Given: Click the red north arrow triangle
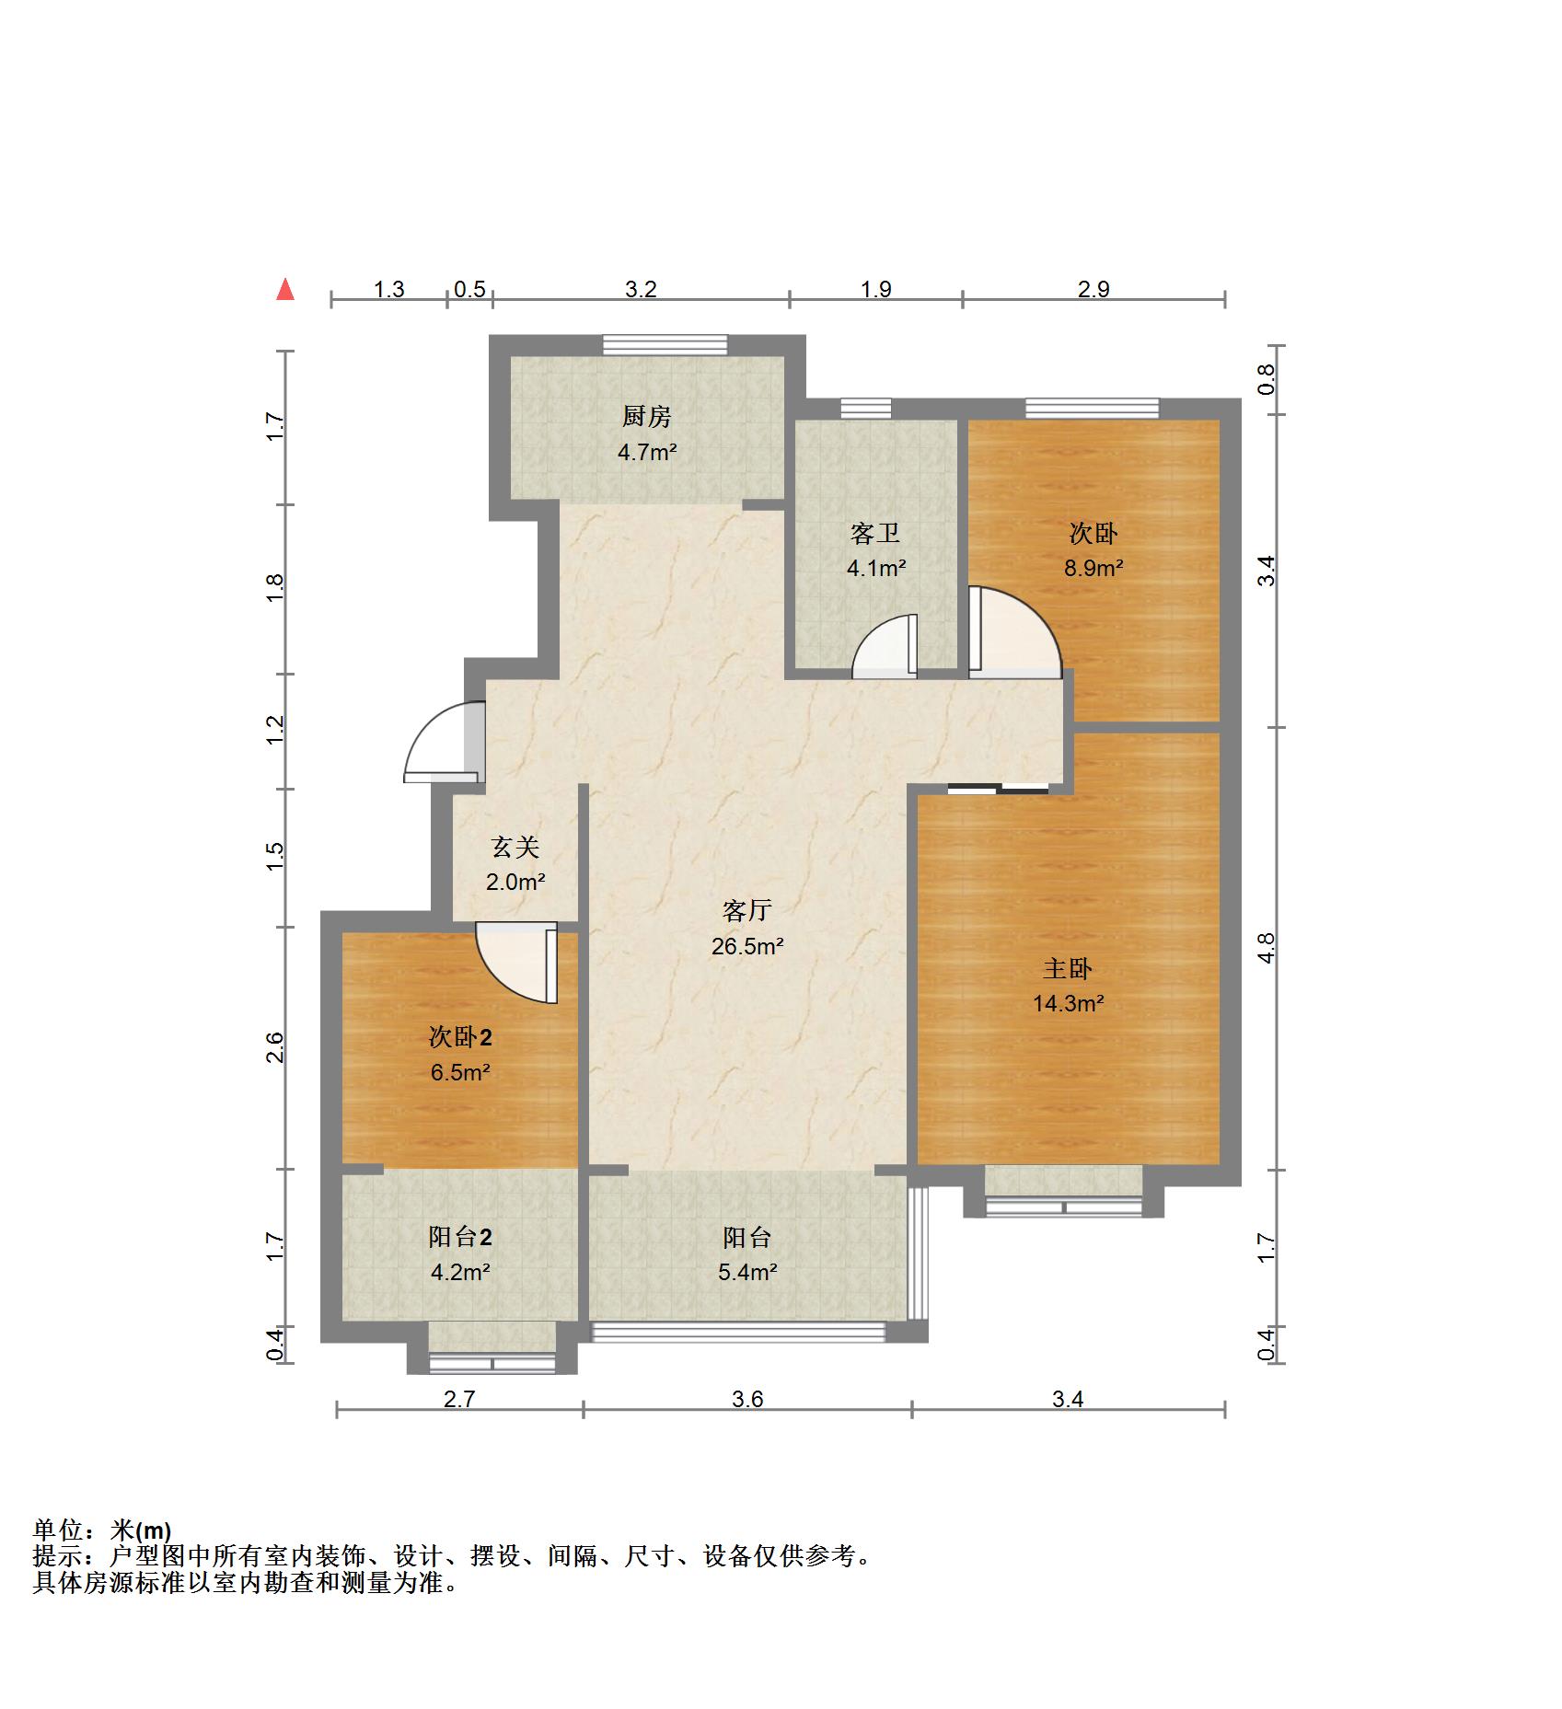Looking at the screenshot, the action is point(286,290).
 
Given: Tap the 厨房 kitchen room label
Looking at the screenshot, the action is point(647,417).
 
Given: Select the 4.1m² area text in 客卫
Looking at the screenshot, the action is point(876,568).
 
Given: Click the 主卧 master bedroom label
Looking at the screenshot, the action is point(1068,968).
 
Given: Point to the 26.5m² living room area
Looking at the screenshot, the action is point(746,945).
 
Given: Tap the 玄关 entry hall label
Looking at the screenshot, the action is point(515,847).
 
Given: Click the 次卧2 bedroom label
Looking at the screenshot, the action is point(460,1037).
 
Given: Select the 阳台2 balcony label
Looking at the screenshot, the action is point(460,1237).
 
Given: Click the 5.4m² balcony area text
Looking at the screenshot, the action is point(747,1272).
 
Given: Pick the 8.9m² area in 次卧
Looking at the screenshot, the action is point(1093,568).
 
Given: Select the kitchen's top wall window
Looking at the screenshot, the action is point(665,345).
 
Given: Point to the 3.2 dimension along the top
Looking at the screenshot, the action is point(641,289).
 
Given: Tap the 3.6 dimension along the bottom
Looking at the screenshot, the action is point(747,1399).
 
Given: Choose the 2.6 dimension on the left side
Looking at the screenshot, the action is point(273,1047).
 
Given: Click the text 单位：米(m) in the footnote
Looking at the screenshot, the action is point(102,1530).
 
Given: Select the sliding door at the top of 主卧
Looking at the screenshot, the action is point(998,788).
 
